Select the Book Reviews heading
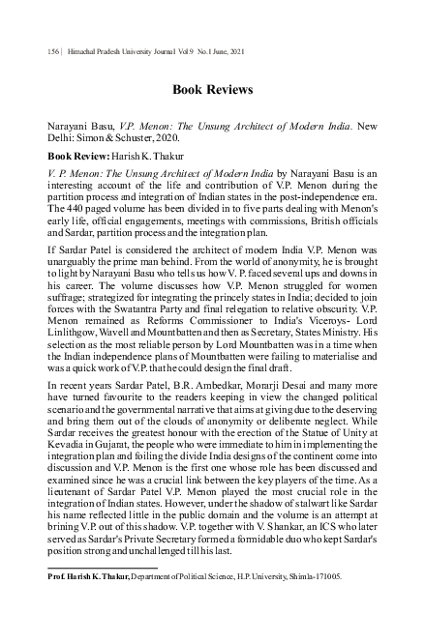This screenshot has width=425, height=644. coord(212,90)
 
